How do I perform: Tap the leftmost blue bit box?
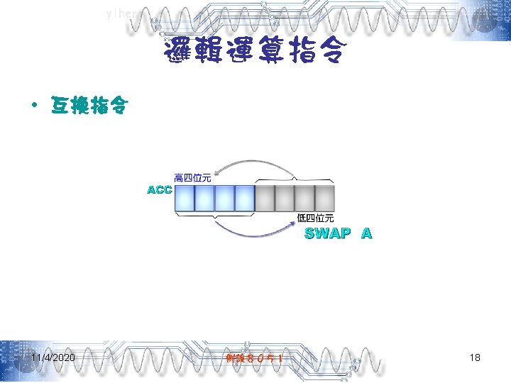click(x=184, y=199)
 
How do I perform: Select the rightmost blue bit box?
click(x=244, y=199)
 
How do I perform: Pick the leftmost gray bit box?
click(x=265, y=199)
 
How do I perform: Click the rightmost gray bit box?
click(x=324, y=199)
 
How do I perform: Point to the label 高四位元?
click(x=192, y=177)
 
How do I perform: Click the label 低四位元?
click(x=315, y=218)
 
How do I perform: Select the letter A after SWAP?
click(x=366, y=233)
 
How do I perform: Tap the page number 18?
click(x=475, y=358)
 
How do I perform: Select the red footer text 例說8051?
click(x=255, y=359)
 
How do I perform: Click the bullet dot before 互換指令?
click(x=33, y=106)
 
